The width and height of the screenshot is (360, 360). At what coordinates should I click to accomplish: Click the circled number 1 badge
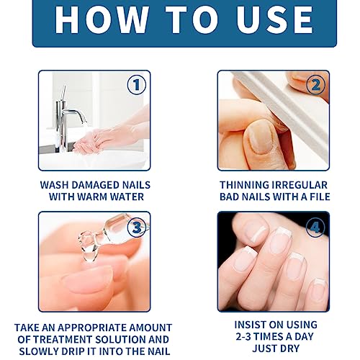click(x=135, y=85)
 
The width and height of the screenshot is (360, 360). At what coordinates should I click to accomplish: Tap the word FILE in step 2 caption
click(x=315, y=196)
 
